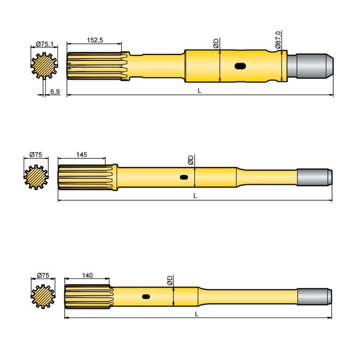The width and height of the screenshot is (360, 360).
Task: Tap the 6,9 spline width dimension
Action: [x=55, y=92]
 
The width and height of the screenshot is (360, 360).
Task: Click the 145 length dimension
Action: [x=82, y=154]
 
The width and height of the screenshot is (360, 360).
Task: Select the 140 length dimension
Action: [x=87, y=275]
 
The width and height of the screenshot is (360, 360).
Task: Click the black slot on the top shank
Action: [x=240, y=66]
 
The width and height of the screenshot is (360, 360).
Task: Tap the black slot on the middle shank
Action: [x=184, y=177]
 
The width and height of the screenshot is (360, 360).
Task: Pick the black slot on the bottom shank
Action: [x=146, y=297]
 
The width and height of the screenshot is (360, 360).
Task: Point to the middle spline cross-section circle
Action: [x=36, y=177]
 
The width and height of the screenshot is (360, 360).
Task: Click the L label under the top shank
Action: [x=199, y=91]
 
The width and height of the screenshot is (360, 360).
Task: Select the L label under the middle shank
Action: [x=195, y=196]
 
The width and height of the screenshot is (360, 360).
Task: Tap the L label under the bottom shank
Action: [x=197, y=314]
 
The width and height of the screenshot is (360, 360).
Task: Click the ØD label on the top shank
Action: [x=216, y=43]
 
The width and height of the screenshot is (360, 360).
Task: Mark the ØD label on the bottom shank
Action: [x=170, y=280]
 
